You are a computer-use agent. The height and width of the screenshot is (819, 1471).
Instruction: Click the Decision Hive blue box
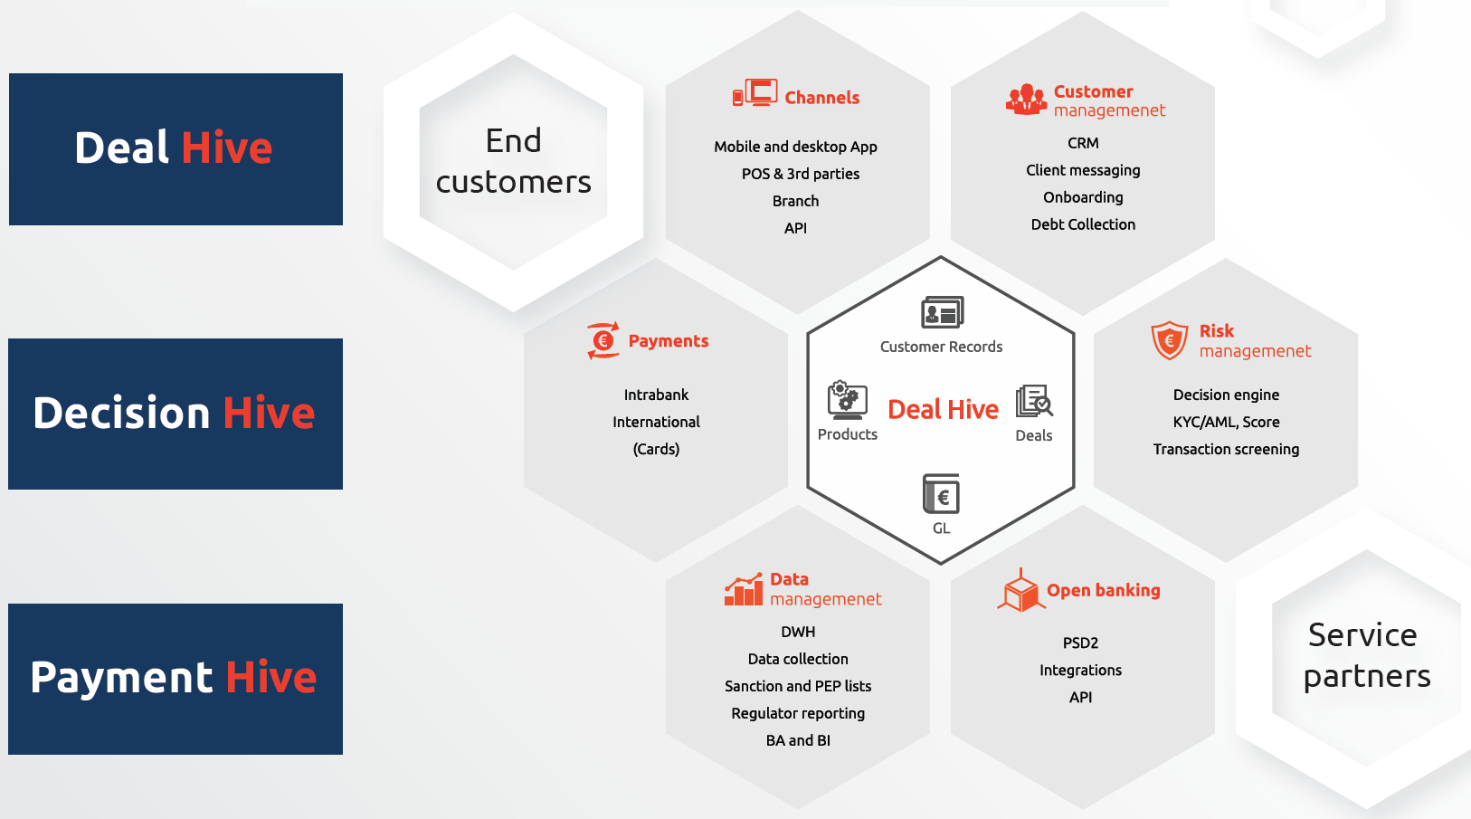point(176,414)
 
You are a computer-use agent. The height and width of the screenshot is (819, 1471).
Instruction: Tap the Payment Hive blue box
point(176,679)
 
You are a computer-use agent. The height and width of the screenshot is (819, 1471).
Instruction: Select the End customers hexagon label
point(514,162)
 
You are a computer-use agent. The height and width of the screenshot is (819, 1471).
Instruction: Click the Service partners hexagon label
point(1366,655)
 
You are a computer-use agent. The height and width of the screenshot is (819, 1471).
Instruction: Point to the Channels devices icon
point(755,92)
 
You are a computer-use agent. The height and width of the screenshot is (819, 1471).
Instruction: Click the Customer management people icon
point(1027,100)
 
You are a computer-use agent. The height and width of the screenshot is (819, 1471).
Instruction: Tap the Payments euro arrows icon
point(603,340)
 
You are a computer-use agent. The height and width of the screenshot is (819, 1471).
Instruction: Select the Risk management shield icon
point(1170,340)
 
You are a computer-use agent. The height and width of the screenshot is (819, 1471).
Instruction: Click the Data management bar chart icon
point(744,589)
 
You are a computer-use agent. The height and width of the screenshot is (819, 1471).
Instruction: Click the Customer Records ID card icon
point(943,312)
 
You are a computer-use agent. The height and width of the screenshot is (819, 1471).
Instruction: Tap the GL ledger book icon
point(941,494)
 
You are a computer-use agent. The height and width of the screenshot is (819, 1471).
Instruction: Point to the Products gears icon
point(847,400)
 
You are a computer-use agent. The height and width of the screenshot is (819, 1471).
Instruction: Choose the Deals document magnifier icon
point(1034,401)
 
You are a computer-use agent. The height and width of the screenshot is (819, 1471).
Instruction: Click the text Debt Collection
point(1083,224)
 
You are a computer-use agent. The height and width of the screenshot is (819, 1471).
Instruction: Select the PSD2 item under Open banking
point(1080,643)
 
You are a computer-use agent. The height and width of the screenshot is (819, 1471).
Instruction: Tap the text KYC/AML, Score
point(1226,423)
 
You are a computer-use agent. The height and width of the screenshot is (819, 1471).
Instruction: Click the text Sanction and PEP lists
point(798,686)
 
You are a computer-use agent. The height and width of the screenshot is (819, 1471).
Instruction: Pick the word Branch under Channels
point(795,201)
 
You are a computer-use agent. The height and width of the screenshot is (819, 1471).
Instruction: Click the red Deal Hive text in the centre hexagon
point(943,409)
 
